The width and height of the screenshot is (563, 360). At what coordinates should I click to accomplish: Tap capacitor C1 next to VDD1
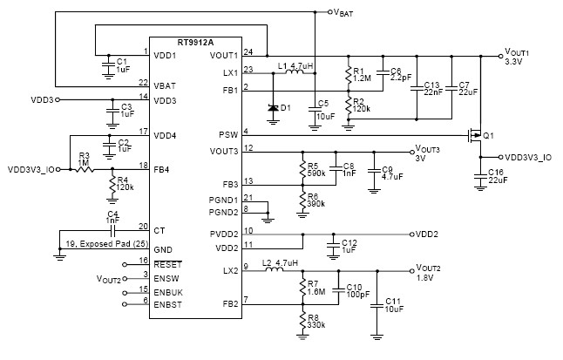coord(107,65)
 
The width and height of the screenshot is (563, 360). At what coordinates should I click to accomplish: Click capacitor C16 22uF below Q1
coord(479,177)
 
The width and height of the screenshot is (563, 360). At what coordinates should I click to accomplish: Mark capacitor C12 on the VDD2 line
coord(332,247)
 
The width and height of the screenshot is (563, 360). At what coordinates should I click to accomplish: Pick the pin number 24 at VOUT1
coord(248,52)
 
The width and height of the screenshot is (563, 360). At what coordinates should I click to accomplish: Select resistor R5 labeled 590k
coord(302,167)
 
